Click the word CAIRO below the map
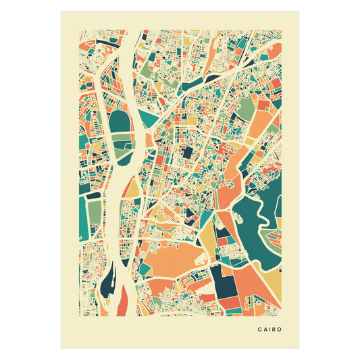270,330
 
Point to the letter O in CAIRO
280,330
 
